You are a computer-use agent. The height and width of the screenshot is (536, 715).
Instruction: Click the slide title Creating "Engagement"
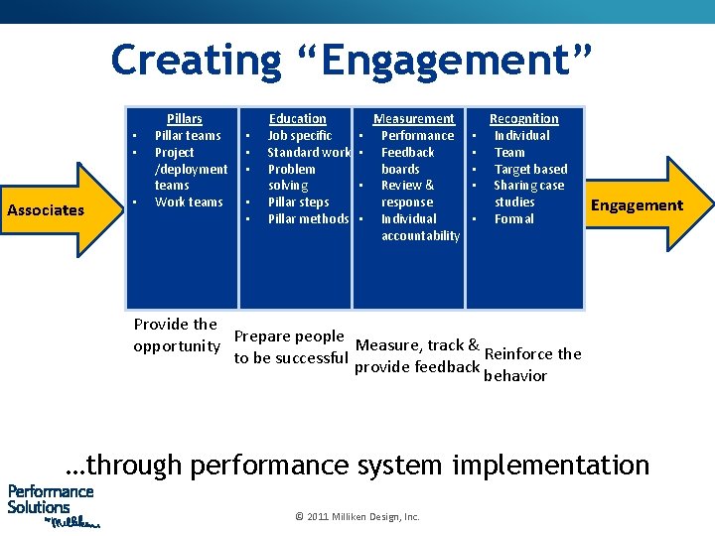[352, 60]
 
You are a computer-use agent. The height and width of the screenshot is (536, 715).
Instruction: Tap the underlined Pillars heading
[184, 118]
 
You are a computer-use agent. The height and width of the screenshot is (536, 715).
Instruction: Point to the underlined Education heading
[297, 118]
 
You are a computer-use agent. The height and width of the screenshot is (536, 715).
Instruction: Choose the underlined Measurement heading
[414, 118]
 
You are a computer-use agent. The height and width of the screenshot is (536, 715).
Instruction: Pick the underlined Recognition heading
[523, 118]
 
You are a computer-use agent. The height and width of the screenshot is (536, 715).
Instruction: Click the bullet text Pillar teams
[188, 135]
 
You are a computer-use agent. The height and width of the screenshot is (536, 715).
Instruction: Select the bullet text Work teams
[189, 201]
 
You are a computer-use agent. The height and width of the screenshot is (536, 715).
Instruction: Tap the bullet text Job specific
[299, 135]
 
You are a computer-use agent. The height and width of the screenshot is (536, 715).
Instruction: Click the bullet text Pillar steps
[298, 201]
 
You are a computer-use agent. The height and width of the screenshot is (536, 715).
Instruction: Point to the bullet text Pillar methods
[308, 218]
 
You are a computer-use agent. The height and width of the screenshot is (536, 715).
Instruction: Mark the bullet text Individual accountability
[419, 227]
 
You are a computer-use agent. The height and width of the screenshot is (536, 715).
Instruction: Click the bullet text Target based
[530, 169]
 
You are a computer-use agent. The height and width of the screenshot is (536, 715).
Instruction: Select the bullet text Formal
[513, 218]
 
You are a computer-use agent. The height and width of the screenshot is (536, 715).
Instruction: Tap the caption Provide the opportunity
[177, 335]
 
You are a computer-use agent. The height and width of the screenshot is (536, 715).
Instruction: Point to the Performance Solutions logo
[52, 505]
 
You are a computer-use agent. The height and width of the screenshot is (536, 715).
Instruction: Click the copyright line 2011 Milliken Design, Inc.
[357, 516]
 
